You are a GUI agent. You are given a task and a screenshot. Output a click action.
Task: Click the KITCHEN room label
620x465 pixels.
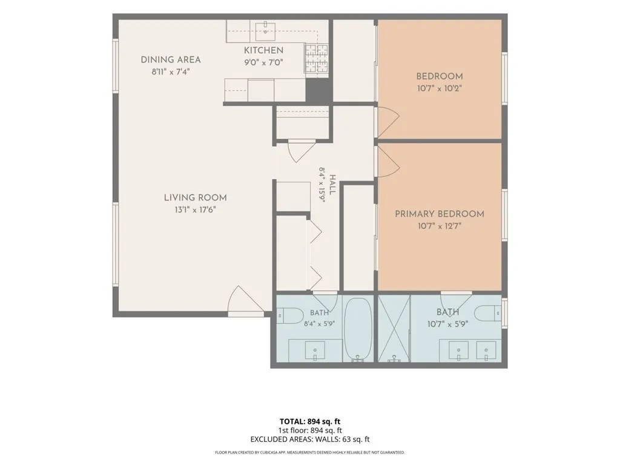click(x=263, y=50)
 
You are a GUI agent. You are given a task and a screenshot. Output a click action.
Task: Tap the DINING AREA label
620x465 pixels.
click(x=171, y=60)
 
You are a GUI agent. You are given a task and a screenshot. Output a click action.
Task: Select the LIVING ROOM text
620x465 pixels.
click(x=196, y=198)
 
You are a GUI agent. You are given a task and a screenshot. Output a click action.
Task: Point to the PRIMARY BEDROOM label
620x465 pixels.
click(x=440, y=214)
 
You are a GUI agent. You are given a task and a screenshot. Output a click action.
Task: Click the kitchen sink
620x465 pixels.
click(x=265, y=31)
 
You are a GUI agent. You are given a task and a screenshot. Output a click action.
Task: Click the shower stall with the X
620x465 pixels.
click(x=394, y=328)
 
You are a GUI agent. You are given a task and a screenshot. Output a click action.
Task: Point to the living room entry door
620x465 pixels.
click(x=246, y=300)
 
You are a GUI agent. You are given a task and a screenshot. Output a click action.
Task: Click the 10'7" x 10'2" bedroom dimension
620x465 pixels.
click(x=440, y=88)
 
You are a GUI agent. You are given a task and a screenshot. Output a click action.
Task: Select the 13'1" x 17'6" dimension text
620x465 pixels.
click(x=196, y=209)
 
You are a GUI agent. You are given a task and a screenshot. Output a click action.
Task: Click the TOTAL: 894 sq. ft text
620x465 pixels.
click(x=310, y=421)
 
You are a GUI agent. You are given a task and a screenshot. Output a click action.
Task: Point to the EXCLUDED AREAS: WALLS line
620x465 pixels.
click(x=310, y=440)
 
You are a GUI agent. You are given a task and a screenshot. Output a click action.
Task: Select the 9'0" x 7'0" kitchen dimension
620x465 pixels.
click(x=263, y=62)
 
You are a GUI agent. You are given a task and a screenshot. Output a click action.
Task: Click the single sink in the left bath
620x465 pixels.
click(x=315, y=351)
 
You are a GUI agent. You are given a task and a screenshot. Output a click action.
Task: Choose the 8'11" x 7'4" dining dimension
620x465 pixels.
click(x=171, y=72)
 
